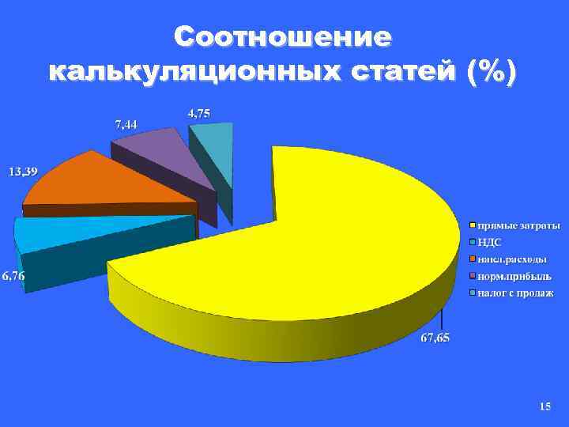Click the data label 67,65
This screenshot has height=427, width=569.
[435, 338]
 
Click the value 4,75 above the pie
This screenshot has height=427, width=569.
[199, 113]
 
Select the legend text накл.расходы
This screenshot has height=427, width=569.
[512, 259]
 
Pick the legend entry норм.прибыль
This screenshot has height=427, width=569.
[514, 276]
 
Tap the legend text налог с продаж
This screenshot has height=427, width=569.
[516, 293]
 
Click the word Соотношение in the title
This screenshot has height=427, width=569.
[283, 37]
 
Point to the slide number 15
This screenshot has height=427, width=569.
[545, 406]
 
